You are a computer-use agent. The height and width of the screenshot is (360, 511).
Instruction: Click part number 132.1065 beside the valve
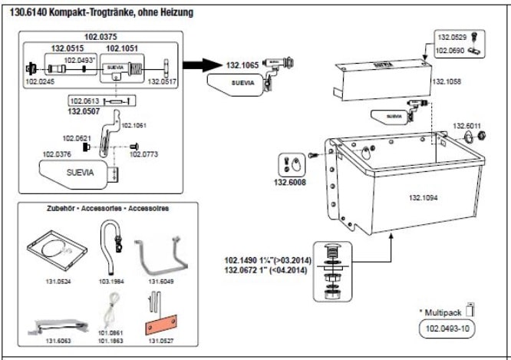242,67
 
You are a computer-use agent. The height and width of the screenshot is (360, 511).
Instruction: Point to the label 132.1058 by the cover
447,81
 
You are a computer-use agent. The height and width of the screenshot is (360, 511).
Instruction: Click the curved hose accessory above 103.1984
115,239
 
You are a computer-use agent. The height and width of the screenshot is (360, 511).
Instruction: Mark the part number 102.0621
77,137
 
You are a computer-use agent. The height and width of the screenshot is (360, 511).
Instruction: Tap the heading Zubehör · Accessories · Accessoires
107,208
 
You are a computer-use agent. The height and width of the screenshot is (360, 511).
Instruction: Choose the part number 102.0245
40,80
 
